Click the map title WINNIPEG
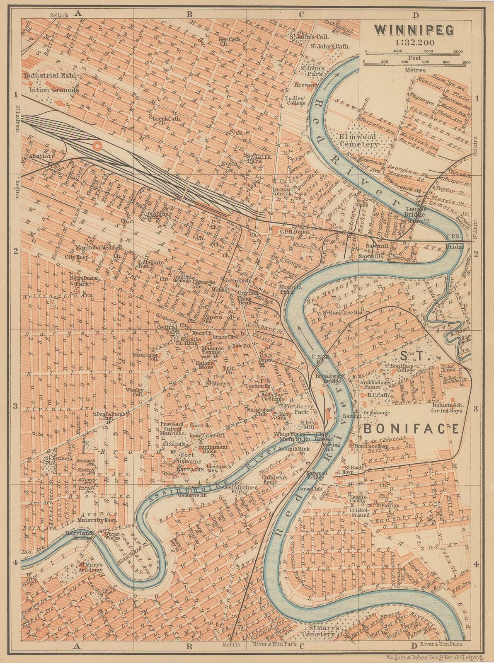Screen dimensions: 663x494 414,30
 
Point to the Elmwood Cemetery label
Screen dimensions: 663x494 358,140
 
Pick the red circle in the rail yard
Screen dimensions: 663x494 98,146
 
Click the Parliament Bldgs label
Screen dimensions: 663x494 213,449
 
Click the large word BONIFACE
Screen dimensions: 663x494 411,428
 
